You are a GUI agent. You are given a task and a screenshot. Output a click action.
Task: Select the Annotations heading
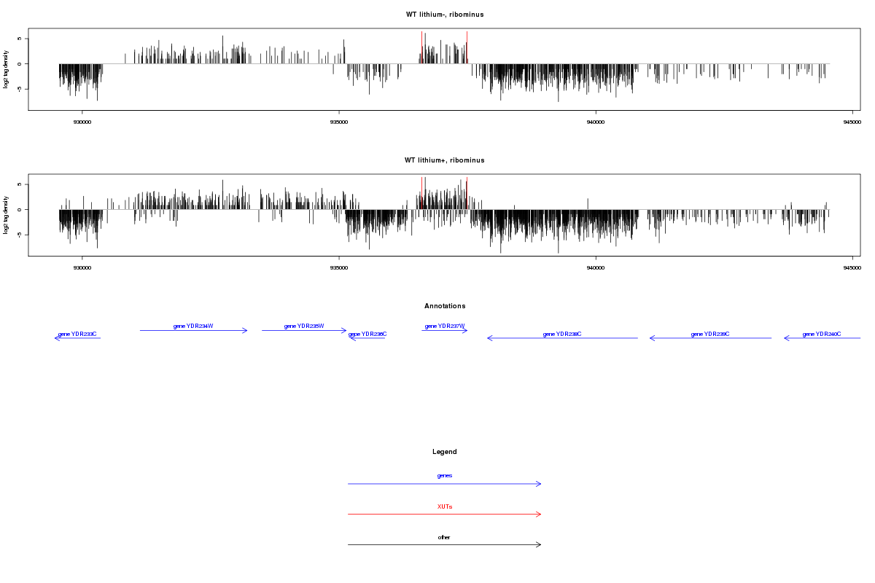[x=445, y=306]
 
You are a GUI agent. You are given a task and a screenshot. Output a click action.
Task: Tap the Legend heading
[x=445, y=452]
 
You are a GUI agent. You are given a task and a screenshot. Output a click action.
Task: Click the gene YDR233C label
[x=77, y=334]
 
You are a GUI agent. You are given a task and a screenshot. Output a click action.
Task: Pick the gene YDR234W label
[x=193, y=326]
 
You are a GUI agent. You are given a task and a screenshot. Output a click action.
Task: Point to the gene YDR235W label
[x=304, y=326]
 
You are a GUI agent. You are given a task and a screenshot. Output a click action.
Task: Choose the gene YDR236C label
[x=367, y=334]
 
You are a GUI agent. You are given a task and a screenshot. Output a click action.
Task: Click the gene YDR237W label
[x=445, y=326]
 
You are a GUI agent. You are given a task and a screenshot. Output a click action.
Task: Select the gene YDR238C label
[x=562, y=334]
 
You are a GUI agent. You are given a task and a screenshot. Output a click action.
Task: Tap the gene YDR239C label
[x=710, y=334]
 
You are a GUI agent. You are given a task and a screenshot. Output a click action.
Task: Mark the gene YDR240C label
[x=822, y=334]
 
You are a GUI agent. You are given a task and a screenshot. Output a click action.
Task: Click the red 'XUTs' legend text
[x=445, y=506]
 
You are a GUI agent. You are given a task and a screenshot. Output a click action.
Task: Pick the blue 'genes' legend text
[x=445, y=475]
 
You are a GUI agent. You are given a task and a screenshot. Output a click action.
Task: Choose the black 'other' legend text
[x=445, y=537]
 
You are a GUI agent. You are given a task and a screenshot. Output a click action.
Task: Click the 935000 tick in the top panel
[x=339, y=122]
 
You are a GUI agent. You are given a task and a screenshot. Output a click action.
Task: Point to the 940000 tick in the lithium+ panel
[x=596, y=268]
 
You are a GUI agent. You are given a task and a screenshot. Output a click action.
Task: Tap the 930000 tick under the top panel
[x=82, y=122]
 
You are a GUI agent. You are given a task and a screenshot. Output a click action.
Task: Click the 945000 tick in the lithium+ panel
[x=852, y=268]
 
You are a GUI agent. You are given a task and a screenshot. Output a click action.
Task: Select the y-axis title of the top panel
[x=7, y=69]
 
